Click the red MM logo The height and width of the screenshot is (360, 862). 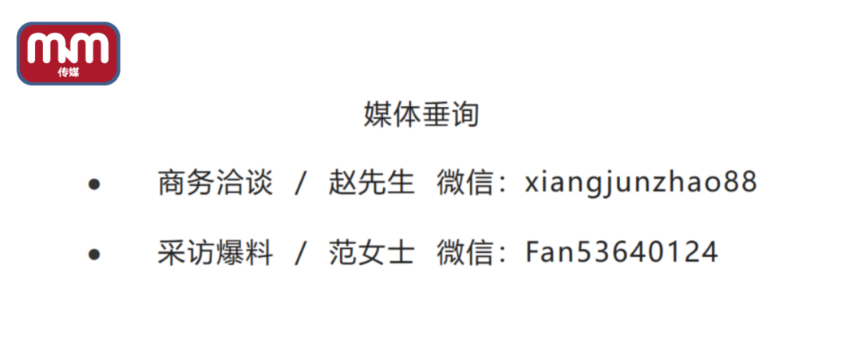click(x=69, y=53)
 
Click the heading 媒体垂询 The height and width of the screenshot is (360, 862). click(x=421, y=114)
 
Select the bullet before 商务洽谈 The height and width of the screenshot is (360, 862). click(x=95, y=184)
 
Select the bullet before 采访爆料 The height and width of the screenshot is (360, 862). click(x=95, y=254)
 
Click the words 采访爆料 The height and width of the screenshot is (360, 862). click(x=215, y=253)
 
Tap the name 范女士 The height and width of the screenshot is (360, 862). click(x=371, y=253)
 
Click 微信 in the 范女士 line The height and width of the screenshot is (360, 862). click(x=465, y=253)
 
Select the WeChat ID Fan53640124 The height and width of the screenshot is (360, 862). click(x=622, y=253)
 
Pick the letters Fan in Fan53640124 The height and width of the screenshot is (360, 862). click(x=550, y=253)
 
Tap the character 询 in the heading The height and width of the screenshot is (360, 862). click(x=465, y=114)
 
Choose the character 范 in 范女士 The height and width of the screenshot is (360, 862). click(x=342, y=253)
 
